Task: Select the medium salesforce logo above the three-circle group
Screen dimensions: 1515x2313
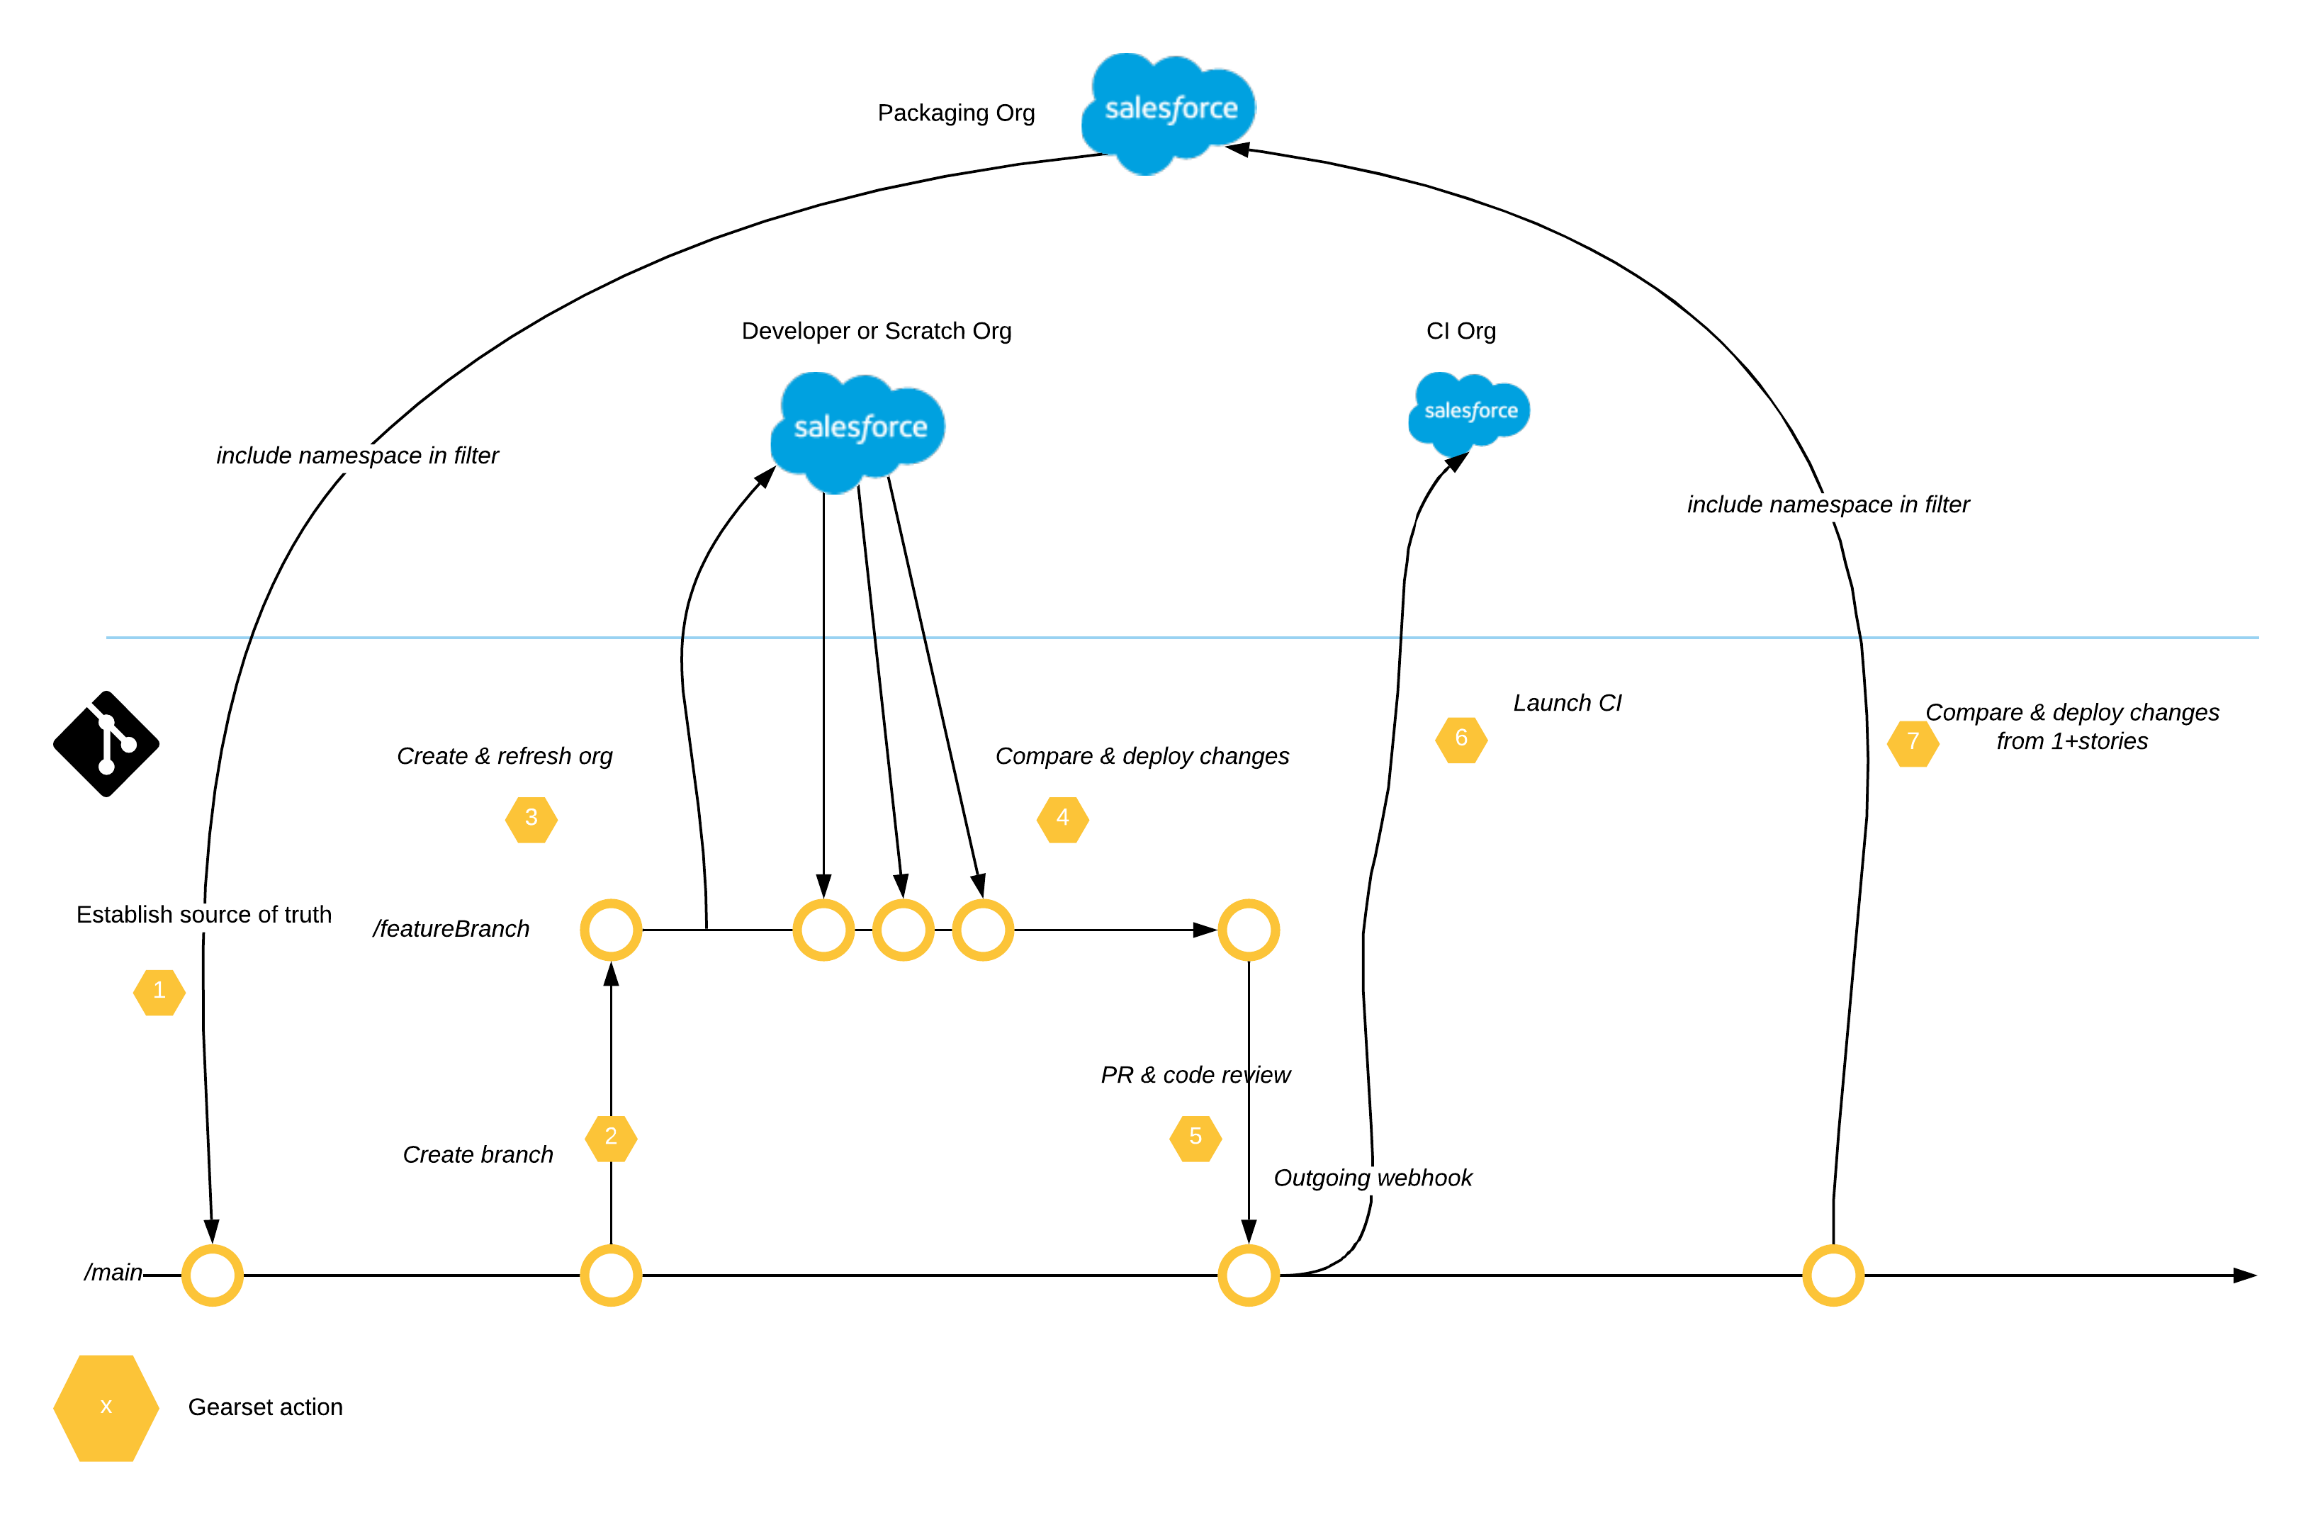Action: click(858, 431)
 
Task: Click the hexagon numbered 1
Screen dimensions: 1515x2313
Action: click(159, 992)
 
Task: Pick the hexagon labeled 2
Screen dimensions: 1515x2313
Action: click(610, 1138)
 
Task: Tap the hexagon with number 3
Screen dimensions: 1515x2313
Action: click(531, 819)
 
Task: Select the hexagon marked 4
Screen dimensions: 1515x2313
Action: click(1062, 819)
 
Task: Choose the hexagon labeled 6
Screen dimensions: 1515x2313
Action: click(1461, 740)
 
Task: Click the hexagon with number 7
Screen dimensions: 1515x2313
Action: click(1913, 743)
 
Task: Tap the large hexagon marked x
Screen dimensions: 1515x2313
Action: click(106, 1407)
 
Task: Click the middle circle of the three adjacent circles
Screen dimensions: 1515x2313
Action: click(903, 930)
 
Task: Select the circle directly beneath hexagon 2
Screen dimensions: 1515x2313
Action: click(610, 1275)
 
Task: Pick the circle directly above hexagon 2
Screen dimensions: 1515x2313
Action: click(610, 930)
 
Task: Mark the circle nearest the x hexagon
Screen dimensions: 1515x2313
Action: click(212, 1275)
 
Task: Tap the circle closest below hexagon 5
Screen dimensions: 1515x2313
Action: click(1248, 1275)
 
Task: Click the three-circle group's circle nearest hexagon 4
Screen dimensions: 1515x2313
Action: click(983, 930)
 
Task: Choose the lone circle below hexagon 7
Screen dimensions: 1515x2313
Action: click(1833, 1275)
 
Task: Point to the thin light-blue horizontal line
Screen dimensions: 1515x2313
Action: click(1166, 638)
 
